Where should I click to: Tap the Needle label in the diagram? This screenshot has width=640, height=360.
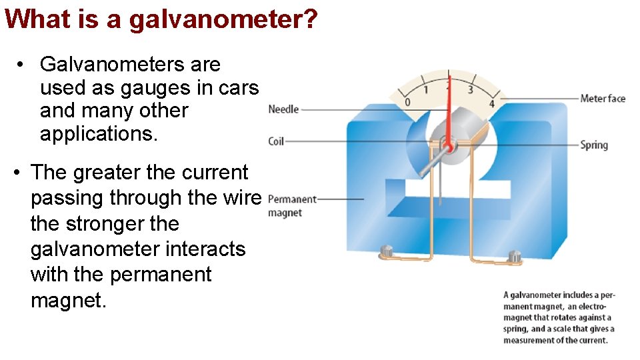click(x=283, y=109)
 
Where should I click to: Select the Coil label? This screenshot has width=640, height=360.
click(x=277, y=141)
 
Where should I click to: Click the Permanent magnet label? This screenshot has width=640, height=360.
click(x=291, y=206)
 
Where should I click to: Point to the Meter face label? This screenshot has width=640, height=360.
click(x=603, y=99)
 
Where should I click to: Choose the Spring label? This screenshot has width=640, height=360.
click(x=594, y=145)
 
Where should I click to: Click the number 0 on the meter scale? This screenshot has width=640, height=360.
click(x=407, y=102)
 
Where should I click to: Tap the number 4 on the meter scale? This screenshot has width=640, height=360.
click(x=491, y=103)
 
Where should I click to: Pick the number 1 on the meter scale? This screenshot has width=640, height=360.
click(x=426, y=89)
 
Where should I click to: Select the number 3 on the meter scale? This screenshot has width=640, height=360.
click(x=471, y=89)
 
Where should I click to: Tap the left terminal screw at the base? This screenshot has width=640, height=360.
click(x=386, y=251)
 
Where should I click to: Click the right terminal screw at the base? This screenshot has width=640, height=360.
click(x=514, y=255)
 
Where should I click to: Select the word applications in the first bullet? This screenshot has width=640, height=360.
click(x=99, y=134)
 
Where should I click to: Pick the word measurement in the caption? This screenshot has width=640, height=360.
click(x=531, y=341)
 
